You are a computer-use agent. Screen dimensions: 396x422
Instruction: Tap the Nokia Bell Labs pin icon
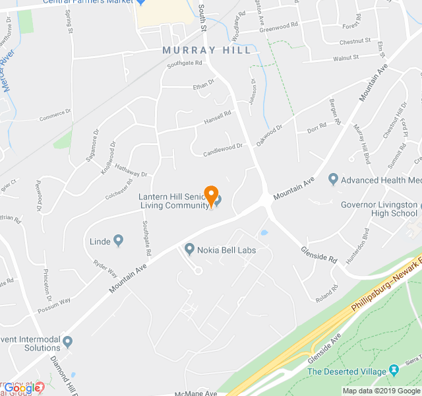pyautogui.click(x=189, y=249)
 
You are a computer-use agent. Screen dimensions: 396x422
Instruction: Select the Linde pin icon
pyautogui.click(x=119, y=241)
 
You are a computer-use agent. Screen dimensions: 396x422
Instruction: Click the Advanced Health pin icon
pyautogui.click(x=333, y=180)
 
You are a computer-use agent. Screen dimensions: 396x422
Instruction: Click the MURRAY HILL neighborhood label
pyautogui.click(x=207, y=50)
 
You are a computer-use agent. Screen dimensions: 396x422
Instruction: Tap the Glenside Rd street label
pyautogui.click(x=319, y=253)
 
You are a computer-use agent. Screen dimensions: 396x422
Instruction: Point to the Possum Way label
pyautogui.click(x=55, y=303)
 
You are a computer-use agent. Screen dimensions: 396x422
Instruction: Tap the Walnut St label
pyautogui.click(x=346, y=58)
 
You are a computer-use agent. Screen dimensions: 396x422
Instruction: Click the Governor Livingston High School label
pyautogui.click(x=378, y=209)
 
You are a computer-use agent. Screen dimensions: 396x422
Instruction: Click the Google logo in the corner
pyautogui.click(x=22, y=388)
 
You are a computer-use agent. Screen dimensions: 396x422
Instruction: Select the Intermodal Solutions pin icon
pyautogui.click(x=67, y=341)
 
